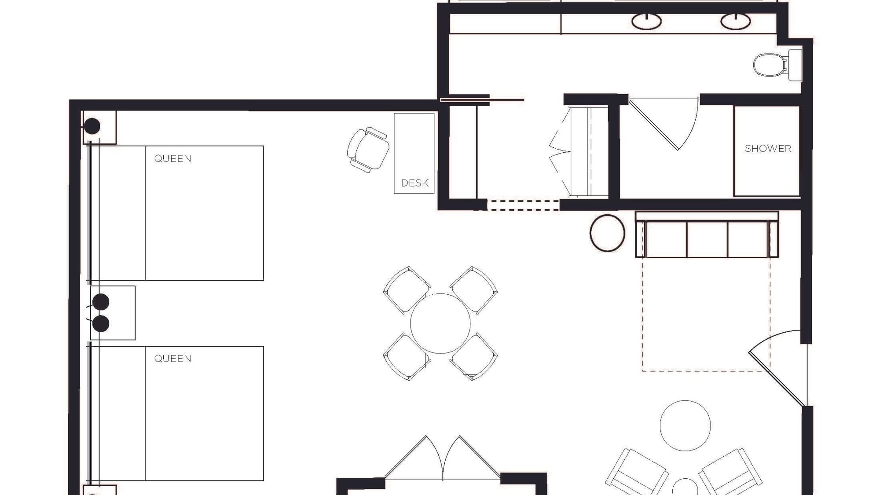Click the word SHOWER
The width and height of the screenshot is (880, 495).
(x=768, y=149)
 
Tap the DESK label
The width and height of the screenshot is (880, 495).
(x=414, y=183)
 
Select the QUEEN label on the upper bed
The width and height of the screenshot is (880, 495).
(x=172, y=158)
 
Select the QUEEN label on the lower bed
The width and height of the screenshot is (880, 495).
(x=172, y=359)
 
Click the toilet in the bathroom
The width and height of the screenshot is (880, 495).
(x=777, y=65)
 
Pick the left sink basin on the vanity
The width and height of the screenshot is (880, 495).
(x=646, y=21)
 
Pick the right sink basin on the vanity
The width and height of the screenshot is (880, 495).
(x=735, y=21)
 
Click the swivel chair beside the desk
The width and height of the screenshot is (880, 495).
(x=368, y=150)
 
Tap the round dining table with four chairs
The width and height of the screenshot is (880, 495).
(x=440, y=323)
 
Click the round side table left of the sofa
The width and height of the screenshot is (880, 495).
(x=607, y=233)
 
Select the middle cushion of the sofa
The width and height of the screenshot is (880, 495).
(x=707, y=239)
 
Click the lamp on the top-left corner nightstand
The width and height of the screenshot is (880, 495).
(x=92, y=126)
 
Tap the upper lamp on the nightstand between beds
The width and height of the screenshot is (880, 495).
(x=101, y=302)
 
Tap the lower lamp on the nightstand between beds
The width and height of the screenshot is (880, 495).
(x=101, y=324)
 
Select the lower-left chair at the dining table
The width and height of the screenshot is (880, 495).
(x=407, y=356)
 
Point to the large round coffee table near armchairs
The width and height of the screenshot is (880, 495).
(x=685, y=426)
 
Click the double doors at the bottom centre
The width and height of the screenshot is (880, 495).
(x=443, y=458)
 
